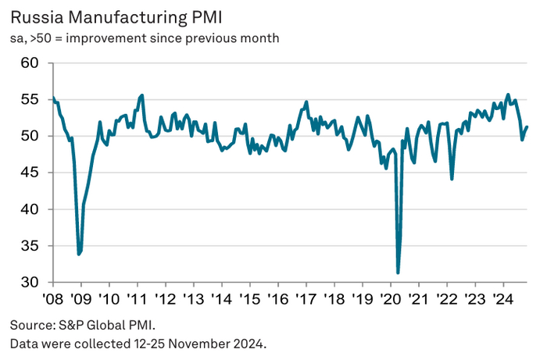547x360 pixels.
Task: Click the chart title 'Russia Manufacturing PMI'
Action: (113, 15)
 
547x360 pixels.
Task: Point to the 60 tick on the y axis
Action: (30, 62)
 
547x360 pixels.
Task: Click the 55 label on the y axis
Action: (30, 99)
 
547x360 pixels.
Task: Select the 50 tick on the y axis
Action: (30, 136)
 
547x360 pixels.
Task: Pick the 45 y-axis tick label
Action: (30, 173)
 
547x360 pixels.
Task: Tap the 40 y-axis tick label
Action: (30, 209)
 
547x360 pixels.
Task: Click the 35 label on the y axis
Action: (30, 246)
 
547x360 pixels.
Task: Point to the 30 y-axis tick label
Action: (30, 282)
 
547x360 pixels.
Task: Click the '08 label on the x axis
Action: (52, 299)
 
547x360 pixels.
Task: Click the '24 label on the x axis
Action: (499, 299)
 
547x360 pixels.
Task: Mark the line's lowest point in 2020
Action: (398, 273)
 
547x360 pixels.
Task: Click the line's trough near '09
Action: (79, 254)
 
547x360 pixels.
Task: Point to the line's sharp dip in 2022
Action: (452, 179)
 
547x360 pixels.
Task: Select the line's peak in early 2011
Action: (141, 95)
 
